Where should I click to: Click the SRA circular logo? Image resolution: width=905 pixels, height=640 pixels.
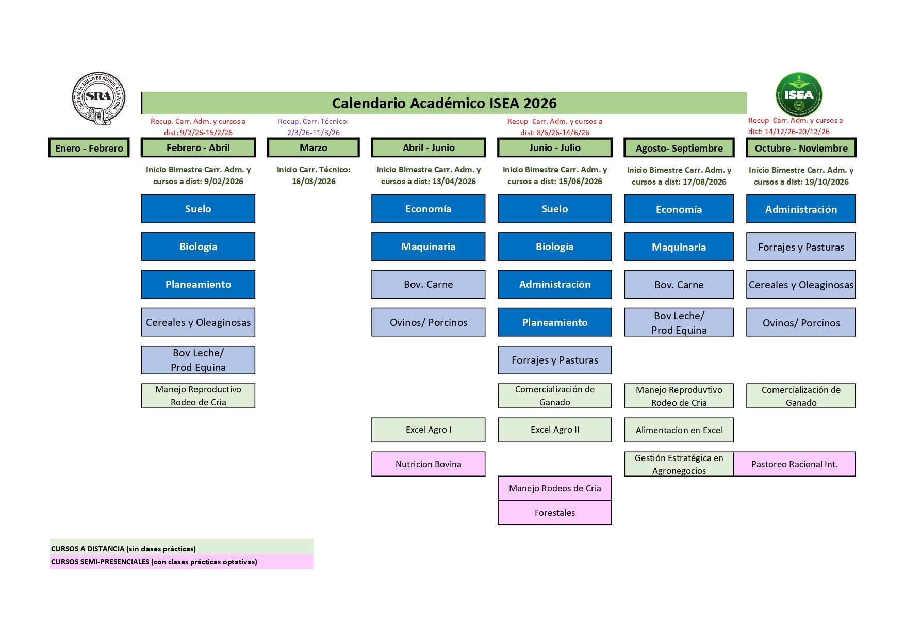coord(98,98)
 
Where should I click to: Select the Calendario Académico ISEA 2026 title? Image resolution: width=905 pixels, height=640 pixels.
coord(444,103)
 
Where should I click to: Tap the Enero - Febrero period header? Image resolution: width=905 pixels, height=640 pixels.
coord(89,148)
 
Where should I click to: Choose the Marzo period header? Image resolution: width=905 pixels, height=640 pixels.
coord(314,147)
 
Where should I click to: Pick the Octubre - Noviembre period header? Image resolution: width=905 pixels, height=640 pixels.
coord(801,148)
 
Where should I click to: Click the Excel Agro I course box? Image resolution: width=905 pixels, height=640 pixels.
coord(428,430)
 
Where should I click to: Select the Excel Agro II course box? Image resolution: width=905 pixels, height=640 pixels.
coord(555,430)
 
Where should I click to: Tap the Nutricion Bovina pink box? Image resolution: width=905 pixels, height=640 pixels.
coord(428,464)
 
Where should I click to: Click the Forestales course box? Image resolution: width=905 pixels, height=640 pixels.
coord(555,513)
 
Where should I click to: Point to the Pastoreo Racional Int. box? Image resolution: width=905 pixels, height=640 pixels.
coord(794,464)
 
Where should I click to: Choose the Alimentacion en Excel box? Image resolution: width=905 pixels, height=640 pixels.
coord(679,430)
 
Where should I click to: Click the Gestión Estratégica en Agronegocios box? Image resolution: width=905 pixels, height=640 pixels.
coord(679,464)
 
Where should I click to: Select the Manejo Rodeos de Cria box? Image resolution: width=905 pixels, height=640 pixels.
coord(555,488)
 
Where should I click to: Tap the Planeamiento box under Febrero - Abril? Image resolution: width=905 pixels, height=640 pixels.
coord(198,284)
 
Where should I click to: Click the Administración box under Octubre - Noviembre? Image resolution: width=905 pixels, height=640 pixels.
coord(801,209)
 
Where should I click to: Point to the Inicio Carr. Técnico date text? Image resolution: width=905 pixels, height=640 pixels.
coord(314,175)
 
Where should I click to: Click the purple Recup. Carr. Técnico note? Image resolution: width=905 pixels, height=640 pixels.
coord(314,127)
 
